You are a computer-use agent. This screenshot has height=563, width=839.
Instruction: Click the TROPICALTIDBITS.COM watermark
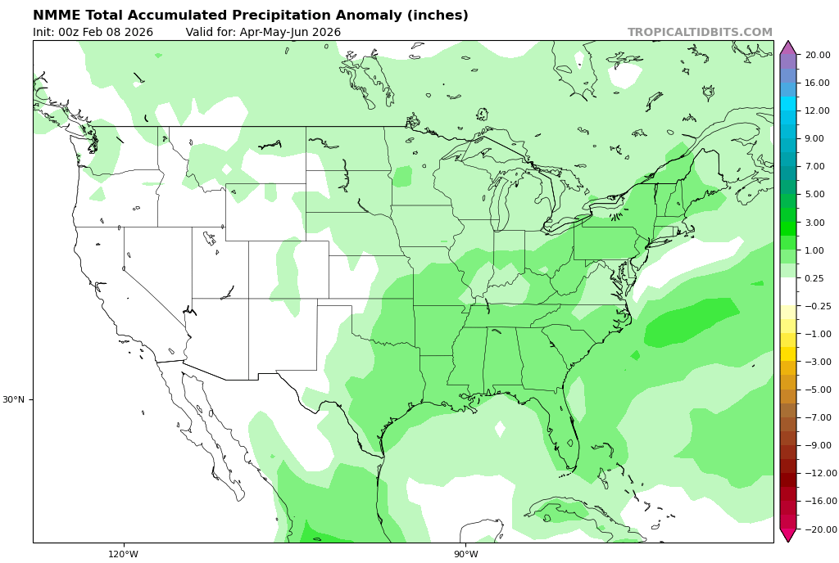tap(700, 33)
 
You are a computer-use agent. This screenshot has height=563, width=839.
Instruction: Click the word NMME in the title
tap(57, 16)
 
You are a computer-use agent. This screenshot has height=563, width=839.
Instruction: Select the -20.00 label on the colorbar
tap(819, 529)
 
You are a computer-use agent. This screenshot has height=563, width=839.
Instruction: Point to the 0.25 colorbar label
tap(814, 278)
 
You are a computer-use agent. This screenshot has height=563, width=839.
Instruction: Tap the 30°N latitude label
tap(13, 399)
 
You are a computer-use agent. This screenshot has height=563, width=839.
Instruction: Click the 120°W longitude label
tap(124, 554)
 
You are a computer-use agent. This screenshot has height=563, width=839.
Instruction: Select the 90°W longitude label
tap(465, 554)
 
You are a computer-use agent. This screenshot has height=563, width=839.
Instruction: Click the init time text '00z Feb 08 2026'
tap(106, 33)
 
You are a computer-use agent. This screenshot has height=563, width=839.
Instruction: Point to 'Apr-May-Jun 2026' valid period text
tap(290, 33)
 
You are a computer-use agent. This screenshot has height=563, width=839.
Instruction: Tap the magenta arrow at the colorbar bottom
tap(787, 534)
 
